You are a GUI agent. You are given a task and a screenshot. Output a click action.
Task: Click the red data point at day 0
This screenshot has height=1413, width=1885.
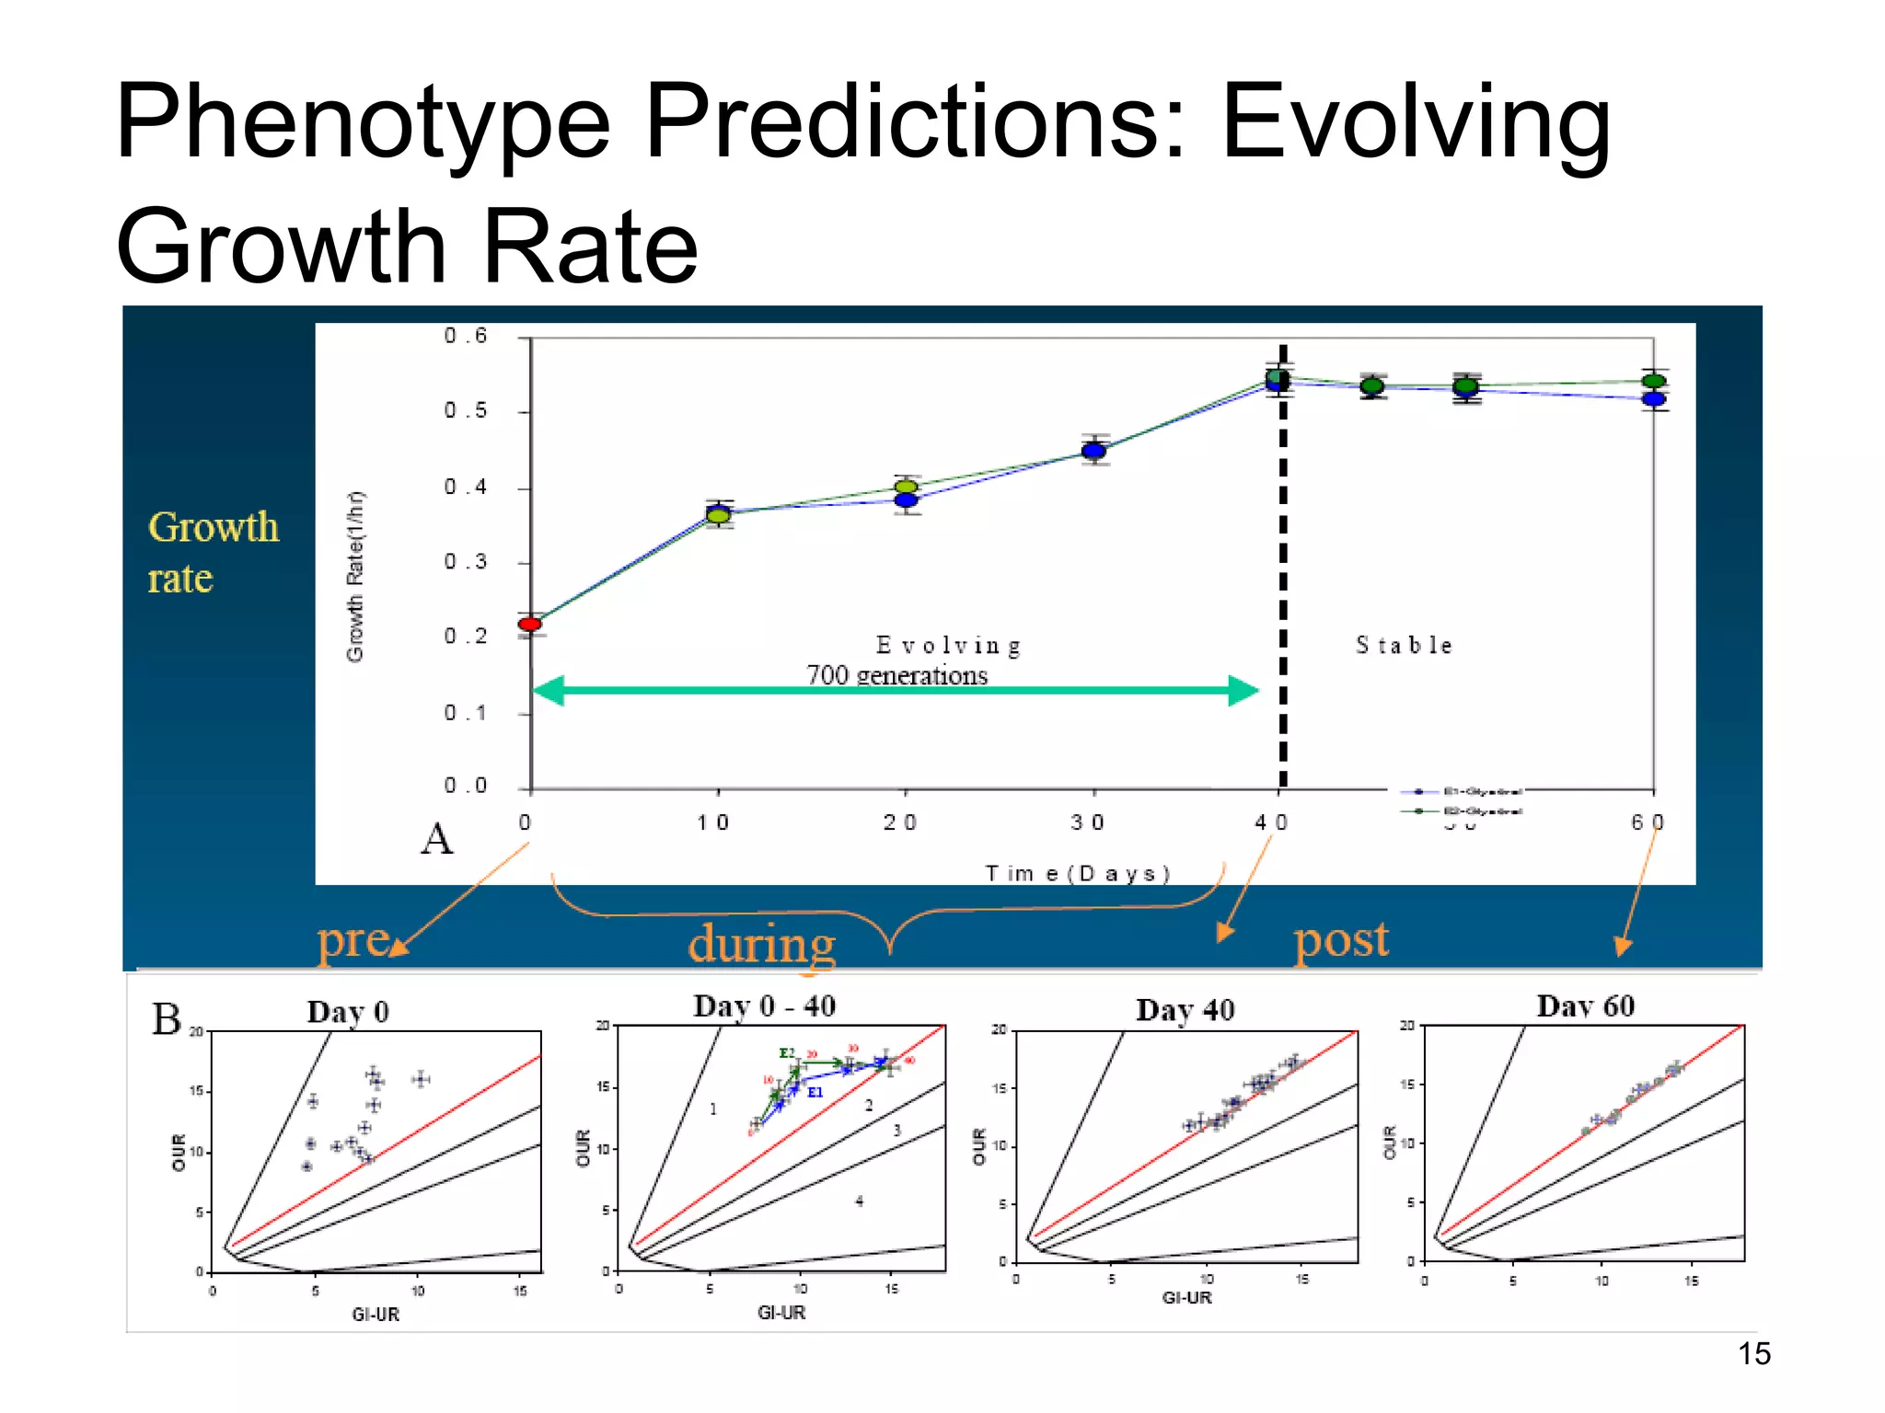pos(529,624)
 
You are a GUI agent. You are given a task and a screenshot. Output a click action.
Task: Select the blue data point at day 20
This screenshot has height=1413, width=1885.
pos(907,500)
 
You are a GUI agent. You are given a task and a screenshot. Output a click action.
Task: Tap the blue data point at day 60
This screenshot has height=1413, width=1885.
pos(1654,399)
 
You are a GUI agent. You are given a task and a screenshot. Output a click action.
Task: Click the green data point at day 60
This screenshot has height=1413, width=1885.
pos(1654,381)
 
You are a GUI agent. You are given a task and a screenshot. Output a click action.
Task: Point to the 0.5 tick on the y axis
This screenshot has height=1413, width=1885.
pos(465,410)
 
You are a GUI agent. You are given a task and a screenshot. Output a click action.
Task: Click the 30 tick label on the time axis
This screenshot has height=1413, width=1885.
pos(1087,822)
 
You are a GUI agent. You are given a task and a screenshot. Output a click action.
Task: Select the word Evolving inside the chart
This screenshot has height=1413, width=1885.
pos(948,645)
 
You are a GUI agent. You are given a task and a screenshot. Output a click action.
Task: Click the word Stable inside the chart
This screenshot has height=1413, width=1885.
pos(1404,645)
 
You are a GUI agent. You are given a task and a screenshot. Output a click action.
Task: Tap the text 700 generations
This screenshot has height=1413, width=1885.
pos(896,675)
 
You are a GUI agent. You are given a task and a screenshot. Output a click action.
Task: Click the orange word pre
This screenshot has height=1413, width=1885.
pos(353,940)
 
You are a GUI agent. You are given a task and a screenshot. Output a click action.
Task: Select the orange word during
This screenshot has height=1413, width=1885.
pos(761,944)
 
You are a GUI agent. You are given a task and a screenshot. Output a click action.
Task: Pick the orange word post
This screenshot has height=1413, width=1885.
pos(1341,940)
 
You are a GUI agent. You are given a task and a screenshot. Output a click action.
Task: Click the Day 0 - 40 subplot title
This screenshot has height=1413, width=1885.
pos(764,1005)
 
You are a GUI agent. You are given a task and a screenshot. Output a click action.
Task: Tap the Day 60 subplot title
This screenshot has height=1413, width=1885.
pos(1585,1005)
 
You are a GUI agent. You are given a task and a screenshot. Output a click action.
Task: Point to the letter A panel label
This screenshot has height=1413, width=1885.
pos(436,839)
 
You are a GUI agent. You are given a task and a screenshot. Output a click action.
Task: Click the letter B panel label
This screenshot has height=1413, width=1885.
pos(167,1019)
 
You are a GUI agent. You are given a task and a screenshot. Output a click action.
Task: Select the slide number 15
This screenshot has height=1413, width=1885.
pos(1753,1354)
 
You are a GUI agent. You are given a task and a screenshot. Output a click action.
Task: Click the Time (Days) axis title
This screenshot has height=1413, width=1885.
pos(1077,873)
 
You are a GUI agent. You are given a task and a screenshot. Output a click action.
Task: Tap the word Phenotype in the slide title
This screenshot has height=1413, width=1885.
pos(363,121)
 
